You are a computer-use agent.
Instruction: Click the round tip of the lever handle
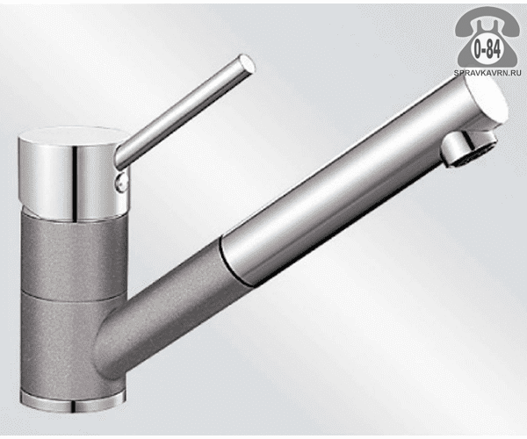[247, 64]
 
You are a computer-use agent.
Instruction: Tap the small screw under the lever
[122, 183]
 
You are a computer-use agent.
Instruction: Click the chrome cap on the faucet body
[74, 174]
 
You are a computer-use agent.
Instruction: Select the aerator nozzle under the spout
[468, 149]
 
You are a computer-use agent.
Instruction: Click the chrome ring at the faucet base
[73, 401]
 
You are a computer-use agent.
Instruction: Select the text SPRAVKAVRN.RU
[487, 73]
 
